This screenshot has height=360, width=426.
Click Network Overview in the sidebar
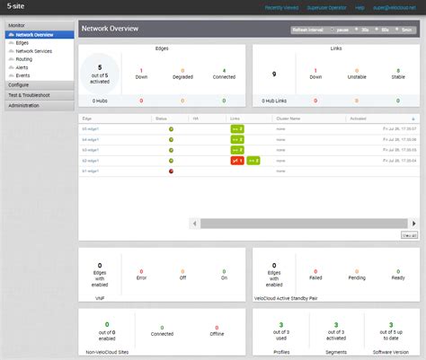[x=34, y=35]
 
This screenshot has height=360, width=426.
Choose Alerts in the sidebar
[x=22, y=67]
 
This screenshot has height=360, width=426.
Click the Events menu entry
[x=22, y=75]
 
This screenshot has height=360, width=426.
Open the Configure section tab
[x=19, y=84]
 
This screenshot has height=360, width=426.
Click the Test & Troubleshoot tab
[x=29, y=94]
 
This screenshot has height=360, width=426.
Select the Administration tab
[x=24, y=105]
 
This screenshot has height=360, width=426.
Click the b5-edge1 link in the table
[x=91, y=129]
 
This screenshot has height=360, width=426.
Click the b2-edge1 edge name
[x=91, y=160]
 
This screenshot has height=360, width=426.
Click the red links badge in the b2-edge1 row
[x=236, y=160]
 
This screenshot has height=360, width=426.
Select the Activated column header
[x=358, y=119]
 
